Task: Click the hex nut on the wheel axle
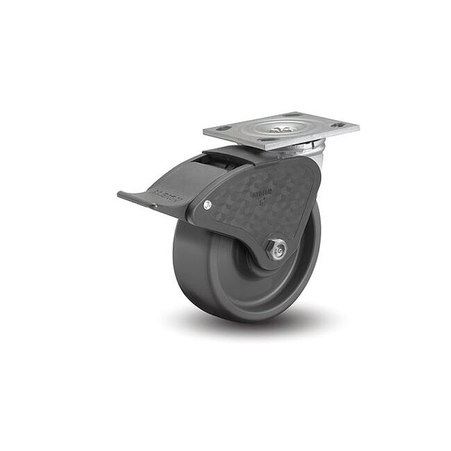click(x=277, y=250)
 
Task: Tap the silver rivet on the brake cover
click(x=207, y=205)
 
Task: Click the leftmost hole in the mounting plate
click(x=223, y=128)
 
